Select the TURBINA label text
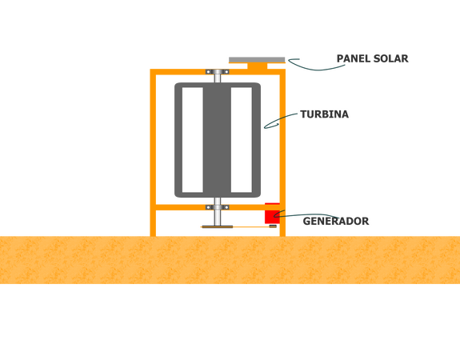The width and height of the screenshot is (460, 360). pyautogui.click(x=325, y=114)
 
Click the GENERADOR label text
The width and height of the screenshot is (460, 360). pyautogui.click(x=336, y=222)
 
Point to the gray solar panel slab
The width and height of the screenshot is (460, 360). pyautogui.click(x=257, y=60)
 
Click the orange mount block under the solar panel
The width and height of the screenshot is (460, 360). pyautogui.click(x=258, y=66)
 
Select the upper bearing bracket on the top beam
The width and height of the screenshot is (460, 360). pyautogui.click(x=218, y=72)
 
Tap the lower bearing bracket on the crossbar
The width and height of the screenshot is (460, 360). pyautogui.click(x=218, y=207)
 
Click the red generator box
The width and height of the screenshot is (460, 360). pyautogui.click(x=272, y=214)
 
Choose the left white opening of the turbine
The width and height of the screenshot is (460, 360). pyautogui.click(x=193, y=140)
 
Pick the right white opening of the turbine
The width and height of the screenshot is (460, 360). pyautogui.click(x=241, y=140)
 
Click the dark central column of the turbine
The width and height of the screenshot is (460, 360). pyautogui.click(x=217, y=140)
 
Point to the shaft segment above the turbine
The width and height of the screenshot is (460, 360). pyautogui.click(x=218, y=78)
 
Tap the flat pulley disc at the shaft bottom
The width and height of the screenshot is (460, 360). pyautogui.click(x=218, y=226)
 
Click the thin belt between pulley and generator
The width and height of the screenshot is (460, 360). pyautogui.click(x=251, y=226)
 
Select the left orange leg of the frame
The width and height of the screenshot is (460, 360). pyautogui.click(x=153, y=153)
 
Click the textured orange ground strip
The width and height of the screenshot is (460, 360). pyautogui.click(x=230, y=260)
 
